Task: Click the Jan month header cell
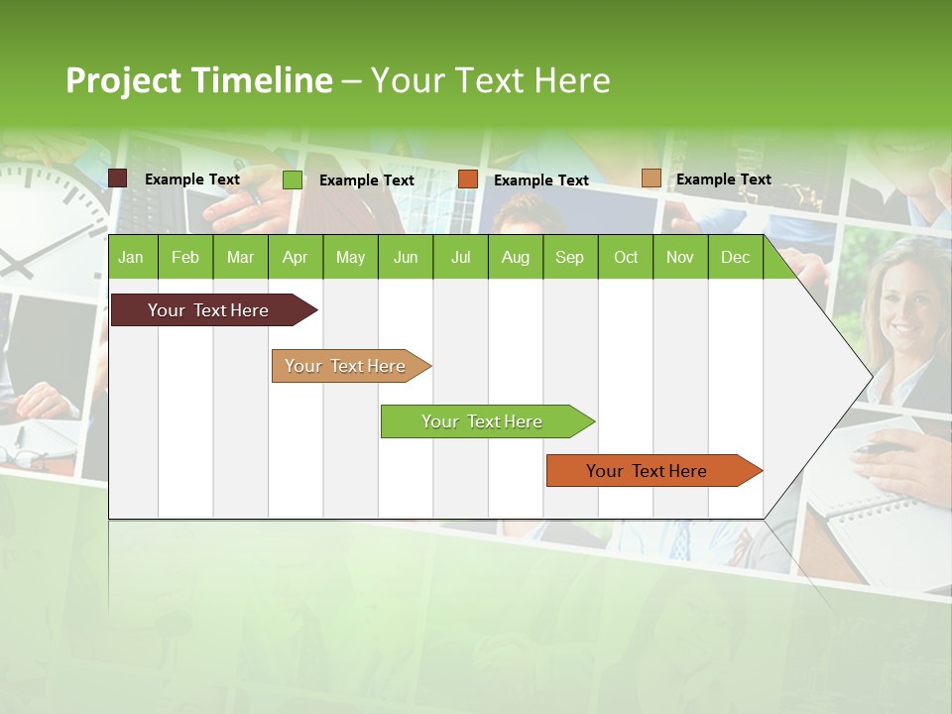131,257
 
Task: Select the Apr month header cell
295,257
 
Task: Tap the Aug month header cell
515,257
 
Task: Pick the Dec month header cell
735,257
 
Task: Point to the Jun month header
405,257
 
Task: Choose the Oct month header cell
625,257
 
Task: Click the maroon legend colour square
118,178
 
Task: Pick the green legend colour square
293,179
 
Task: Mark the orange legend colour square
468,178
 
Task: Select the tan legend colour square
651,178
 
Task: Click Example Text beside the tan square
723,179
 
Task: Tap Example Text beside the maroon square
191,179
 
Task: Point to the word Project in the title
123,80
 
